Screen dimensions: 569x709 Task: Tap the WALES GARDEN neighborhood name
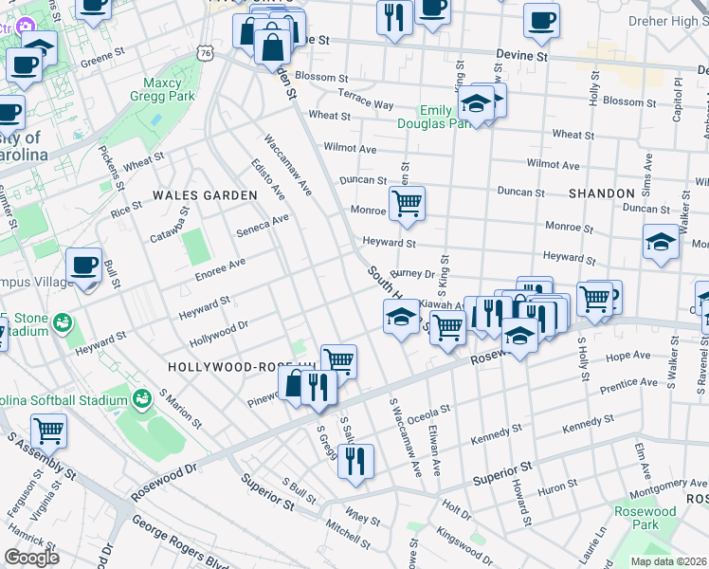point(206,194)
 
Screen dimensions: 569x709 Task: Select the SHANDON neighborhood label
point(602,193)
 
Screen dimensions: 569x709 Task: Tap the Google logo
point(30,558)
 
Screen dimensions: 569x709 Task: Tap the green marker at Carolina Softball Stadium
point(142,398)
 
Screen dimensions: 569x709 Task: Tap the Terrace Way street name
point(366,103)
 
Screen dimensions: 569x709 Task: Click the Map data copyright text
point(667,560)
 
